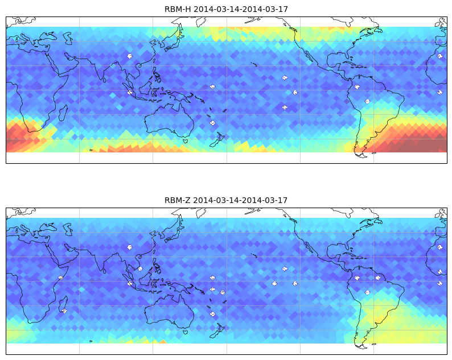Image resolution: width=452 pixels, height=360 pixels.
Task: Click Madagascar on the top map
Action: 63,113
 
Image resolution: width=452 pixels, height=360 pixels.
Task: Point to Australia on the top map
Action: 169,121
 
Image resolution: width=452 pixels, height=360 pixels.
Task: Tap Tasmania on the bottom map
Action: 186,332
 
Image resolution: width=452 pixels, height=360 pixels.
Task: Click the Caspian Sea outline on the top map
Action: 68,38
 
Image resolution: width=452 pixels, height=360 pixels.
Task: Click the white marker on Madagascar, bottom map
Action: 64,311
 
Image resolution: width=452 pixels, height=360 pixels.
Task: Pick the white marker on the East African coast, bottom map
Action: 60,278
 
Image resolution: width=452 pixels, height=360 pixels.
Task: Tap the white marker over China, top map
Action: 130,56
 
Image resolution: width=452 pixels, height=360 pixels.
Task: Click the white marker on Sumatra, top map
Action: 130,93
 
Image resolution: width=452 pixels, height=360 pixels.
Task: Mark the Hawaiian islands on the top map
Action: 254,64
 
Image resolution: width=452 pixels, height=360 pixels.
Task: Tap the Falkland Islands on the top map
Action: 374,153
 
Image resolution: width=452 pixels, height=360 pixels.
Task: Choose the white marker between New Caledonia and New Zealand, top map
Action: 212,123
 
